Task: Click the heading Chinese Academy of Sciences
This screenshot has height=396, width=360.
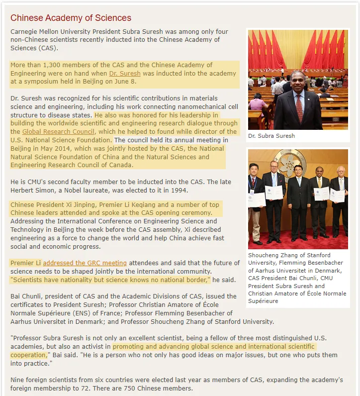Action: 71,18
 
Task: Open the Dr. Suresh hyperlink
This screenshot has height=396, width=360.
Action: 125,73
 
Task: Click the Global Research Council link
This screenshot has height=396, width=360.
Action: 58,132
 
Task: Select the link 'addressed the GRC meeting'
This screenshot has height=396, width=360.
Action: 85,263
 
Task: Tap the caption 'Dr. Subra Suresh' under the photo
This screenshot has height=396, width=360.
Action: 271,136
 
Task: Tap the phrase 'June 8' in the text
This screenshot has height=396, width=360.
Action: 126,81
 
